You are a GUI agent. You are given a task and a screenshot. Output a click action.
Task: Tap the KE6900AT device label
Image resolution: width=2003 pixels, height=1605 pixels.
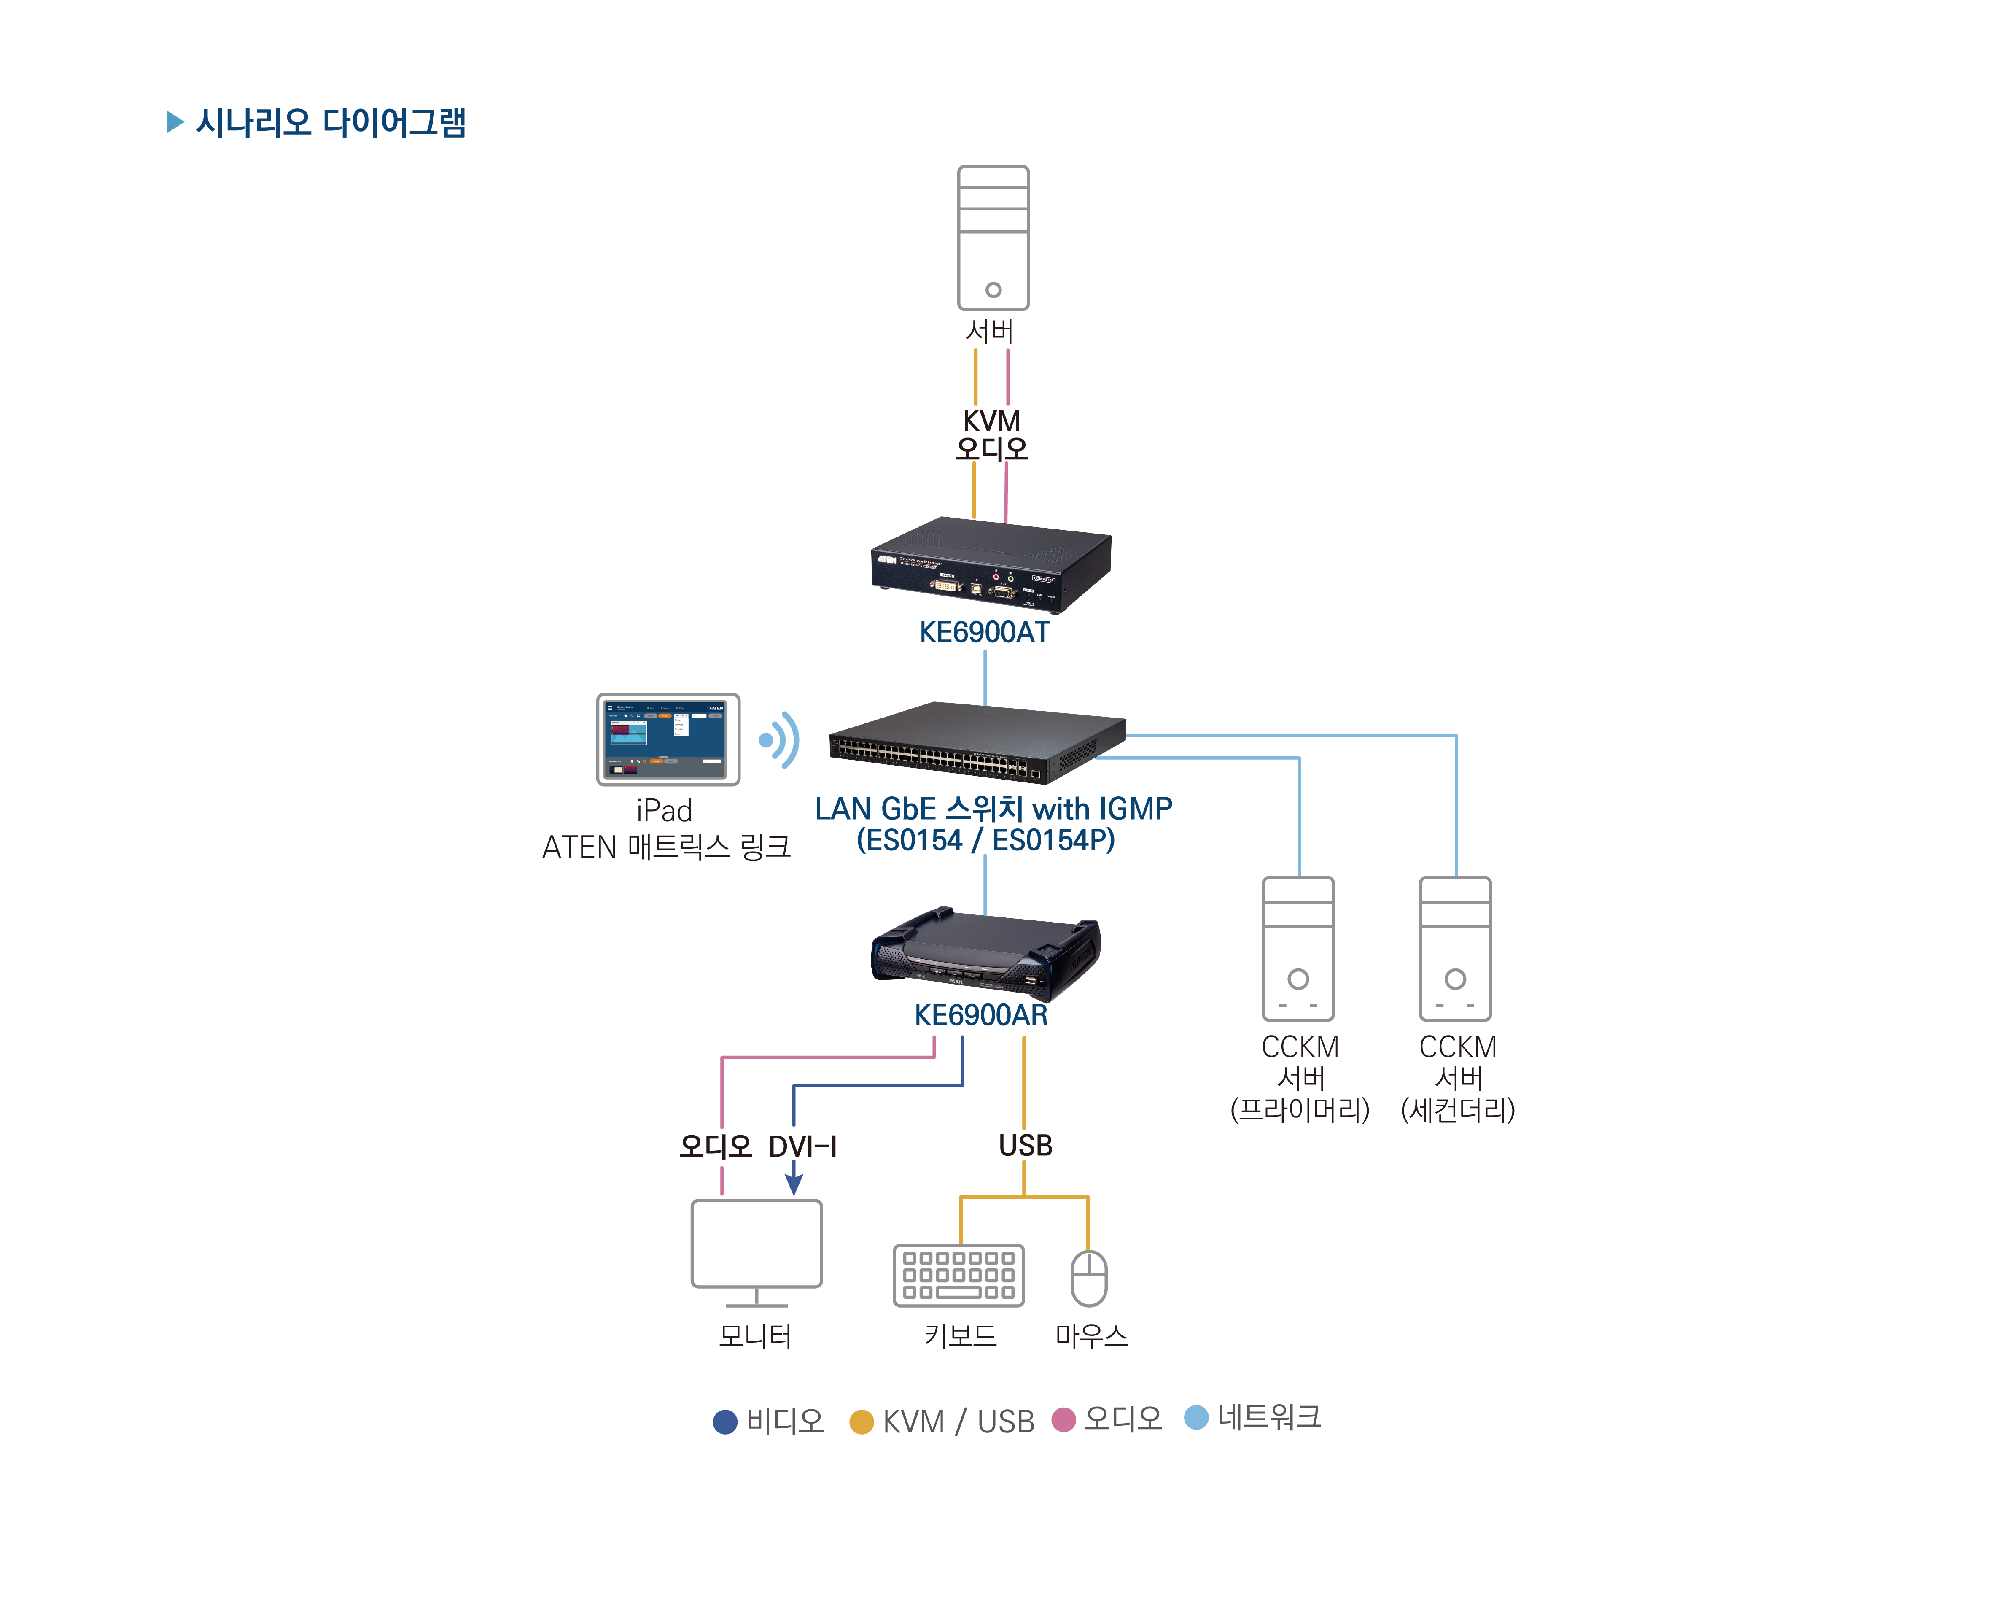pos(984,632)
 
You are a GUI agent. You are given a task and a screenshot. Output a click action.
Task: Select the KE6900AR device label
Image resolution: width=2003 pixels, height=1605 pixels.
pos(981,1015)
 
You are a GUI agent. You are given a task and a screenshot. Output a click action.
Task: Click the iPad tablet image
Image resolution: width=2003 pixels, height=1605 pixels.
pos(668,739)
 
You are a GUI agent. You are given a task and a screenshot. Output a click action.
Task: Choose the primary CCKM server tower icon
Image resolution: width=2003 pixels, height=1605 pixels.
pos(1298,949)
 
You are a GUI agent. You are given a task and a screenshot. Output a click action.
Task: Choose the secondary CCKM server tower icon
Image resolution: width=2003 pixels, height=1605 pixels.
pos(1455,949)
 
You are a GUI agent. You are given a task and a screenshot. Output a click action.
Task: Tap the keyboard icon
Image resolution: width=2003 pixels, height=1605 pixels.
pos(959,1275)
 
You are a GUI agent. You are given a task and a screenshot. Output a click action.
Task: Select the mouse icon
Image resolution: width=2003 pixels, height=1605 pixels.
pos(1089,1278)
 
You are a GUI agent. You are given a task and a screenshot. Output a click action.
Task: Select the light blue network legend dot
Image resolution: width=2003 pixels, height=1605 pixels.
pos(1197,1417)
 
